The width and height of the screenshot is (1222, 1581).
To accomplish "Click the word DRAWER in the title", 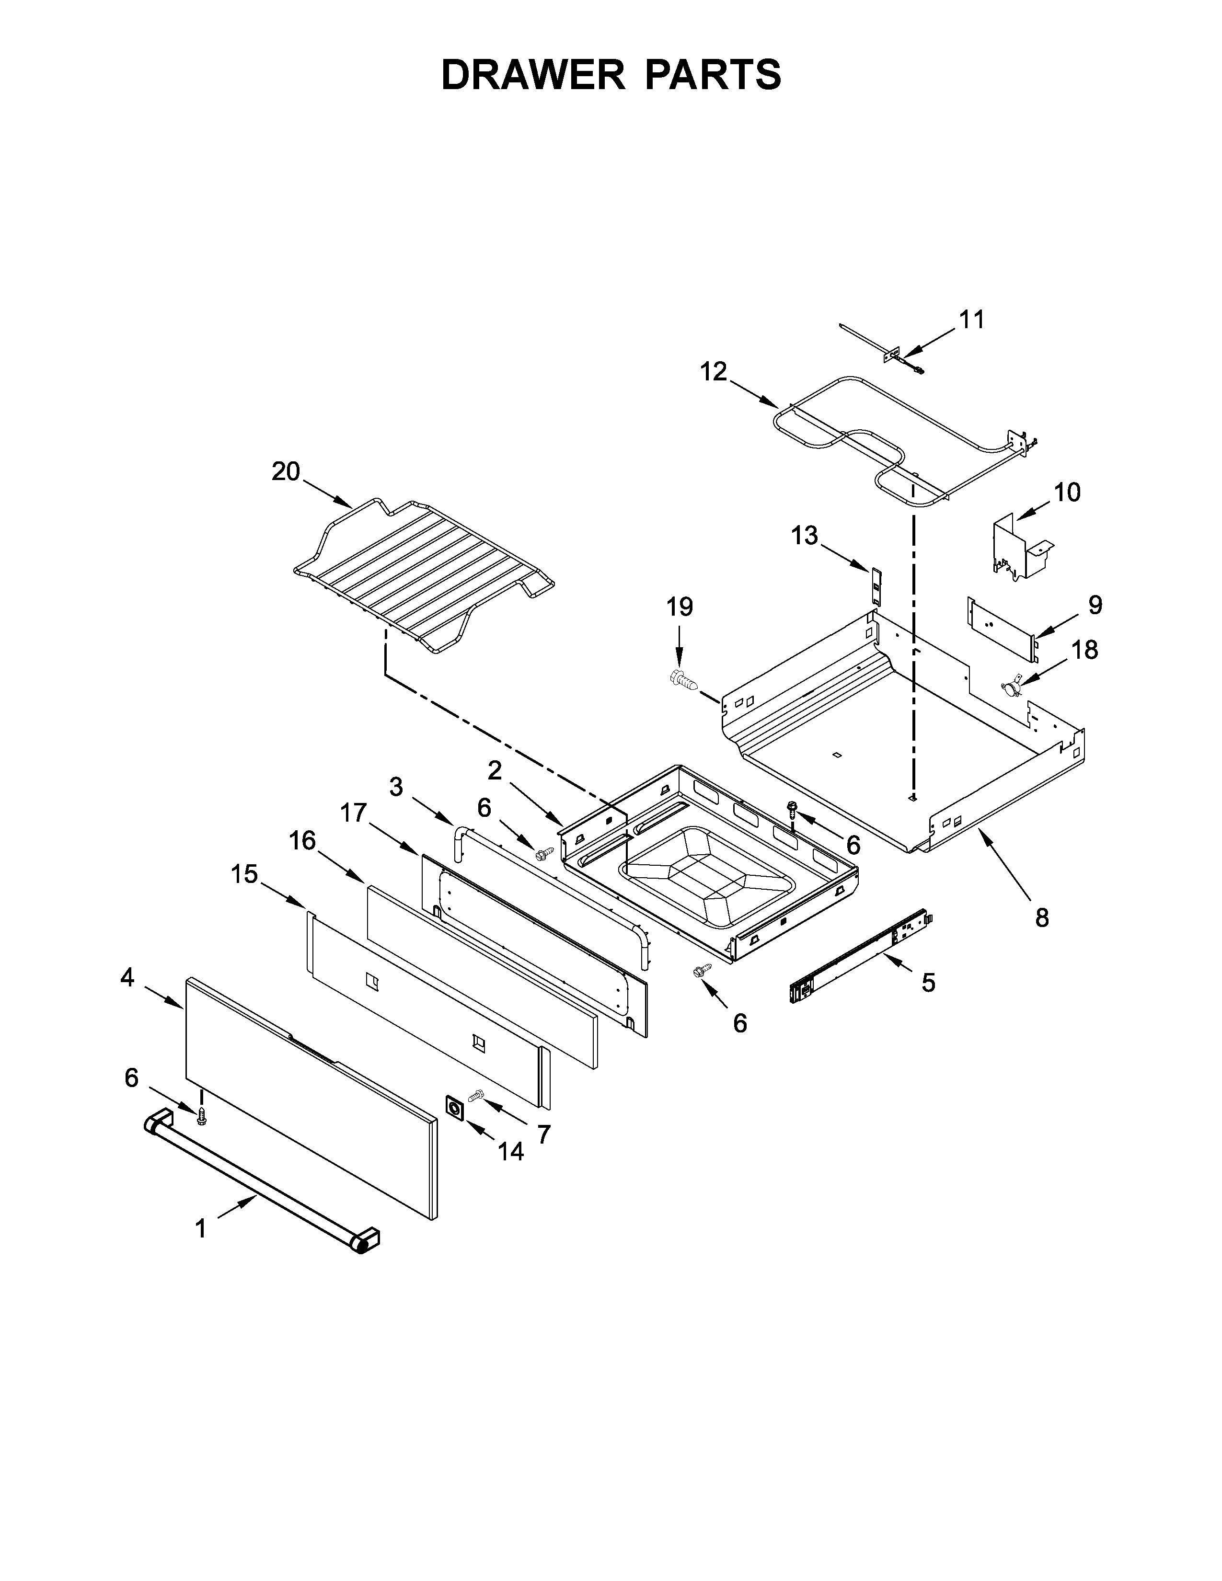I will tap(533, 75).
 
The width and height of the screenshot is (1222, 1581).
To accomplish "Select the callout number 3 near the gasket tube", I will tap(396, 787).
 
